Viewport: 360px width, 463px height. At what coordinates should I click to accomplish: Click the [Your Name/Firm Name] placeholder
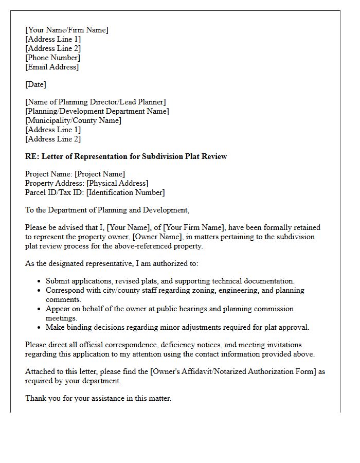[67, 30]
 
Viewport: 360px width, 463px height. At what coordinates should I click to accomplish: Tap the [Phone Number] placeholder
[52, 58]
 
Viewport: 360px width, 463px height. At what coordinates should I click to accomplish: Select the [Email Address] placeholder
[52, 67]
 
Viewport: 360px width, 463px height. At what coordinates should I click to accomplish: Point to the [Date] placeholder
[35, 84]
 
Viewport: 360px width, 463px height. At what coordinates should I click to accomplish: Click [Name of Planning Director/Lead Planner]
[96, 102]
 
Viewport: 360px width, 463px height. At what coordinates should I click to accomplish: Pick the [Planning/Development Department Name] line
[97, 111]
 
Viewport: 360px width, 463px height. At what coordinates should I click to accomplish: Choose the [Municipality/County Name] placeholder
[73, 120]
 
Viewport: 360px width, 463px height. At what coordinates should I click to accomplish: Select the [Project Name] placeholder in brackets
[100, 174]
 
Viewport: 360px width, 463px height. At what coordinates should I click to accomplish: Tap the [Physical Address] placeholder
[117, 183]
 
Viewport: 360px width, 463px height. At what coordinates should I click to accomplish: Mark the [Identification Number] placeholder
[125, 192]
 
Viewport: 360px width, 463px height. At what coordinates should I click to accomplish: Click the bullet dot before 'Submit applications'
[40, 281]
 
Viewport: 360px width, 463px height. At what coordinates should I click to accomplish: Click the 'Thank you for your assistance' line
[98, 398]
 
